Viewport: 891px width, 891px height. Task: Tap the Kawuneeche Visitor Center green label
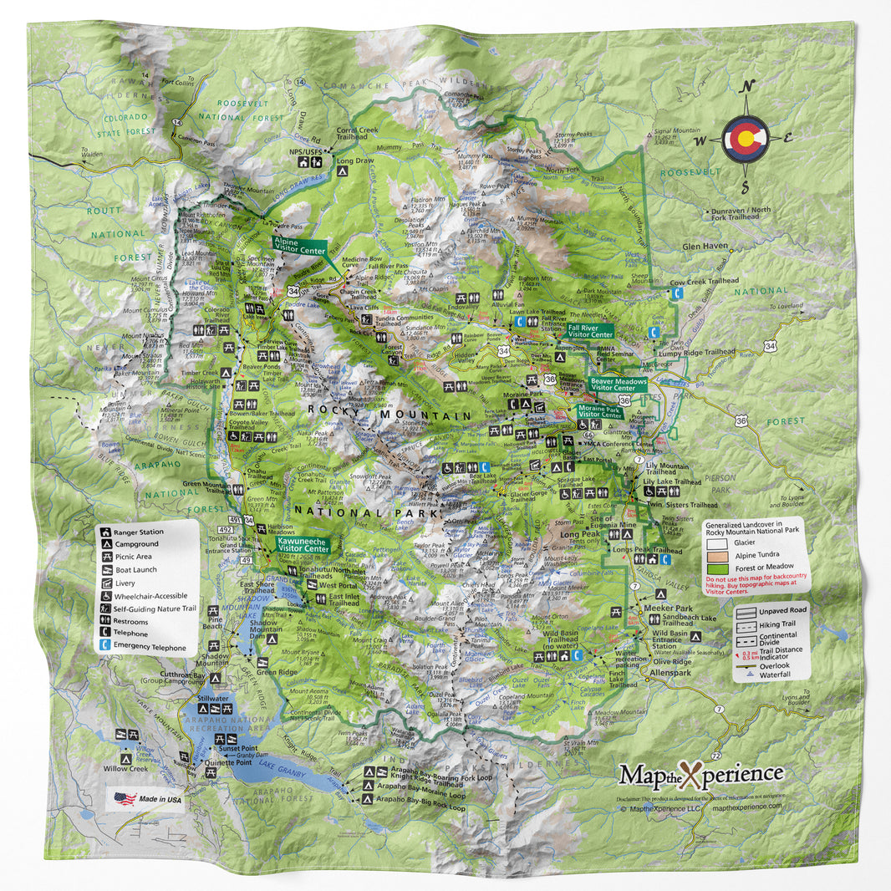(302, 543)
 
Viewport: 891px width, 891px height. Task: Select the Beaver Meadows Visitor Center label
(618, 384)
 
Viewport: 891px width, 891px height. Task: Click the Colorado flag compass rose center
(746, 139)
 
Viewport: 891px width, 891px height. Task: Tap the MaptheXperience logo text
(700, 774)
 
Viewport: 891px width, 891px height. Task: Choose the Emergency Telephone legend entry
(148, 645)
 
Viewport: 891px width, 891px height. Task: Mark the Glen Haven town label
(702, 247)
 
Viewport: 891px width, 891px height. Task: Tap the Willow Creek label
(125, 767)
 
